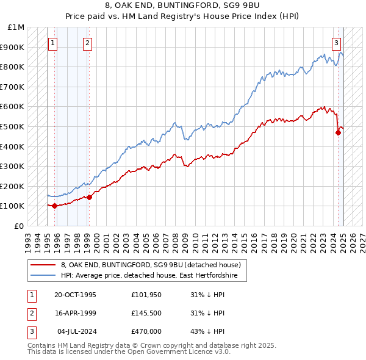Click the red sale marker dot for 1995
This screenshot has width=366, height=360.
[x=55, y=206]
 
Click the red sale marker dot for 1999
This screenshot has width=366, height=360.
[x=89, y=197]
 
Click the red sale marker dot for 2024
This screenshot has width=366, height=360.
[x=338, y=132]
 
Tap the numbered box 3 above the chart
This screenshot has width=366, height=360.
[x=337, y=43]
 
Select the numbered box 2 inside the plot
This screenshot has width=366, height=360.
[x=88, y=43]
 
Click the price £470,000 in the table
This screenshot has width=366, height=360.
[x=146, y=331]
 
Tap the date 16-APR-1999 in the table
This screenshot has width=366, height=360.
[x=75, y=313]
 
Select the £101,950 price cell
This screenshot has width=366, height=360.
[x=146, y=295]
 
